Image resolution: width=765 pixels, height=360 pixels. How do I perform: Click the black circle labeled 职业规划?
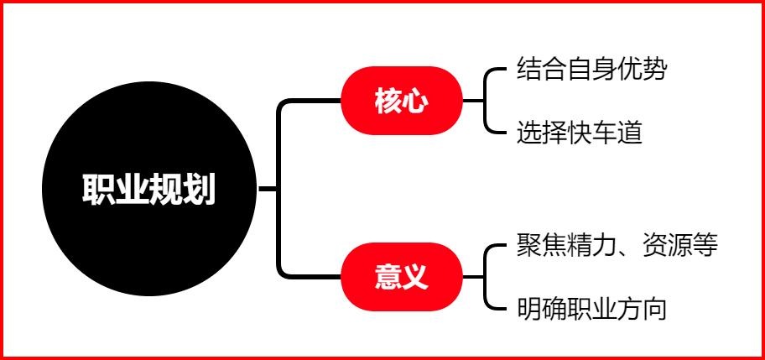148,189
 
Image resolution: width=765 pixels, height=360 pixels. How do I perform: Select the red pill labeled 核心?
401,102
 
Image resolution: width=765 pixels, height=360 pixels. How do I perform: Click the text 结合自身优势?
592,70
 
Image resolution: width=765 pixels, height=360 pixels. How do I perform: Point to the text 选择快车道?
580,133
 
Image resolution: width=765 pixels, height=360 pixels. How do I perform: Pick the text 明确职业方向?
592,308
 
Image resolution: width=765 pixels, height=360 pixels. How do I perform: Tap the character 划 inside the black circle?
199,190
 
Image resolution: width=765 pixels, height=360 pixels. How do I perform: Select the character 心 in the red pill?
414,102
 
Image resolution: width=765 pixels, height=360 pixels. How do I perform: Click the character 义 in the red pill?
414,277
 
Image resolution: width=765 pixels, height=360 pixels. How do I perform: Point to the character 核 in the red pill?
388,102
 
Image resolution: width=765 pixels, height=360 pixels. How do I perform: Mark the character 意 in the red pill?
388,277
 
